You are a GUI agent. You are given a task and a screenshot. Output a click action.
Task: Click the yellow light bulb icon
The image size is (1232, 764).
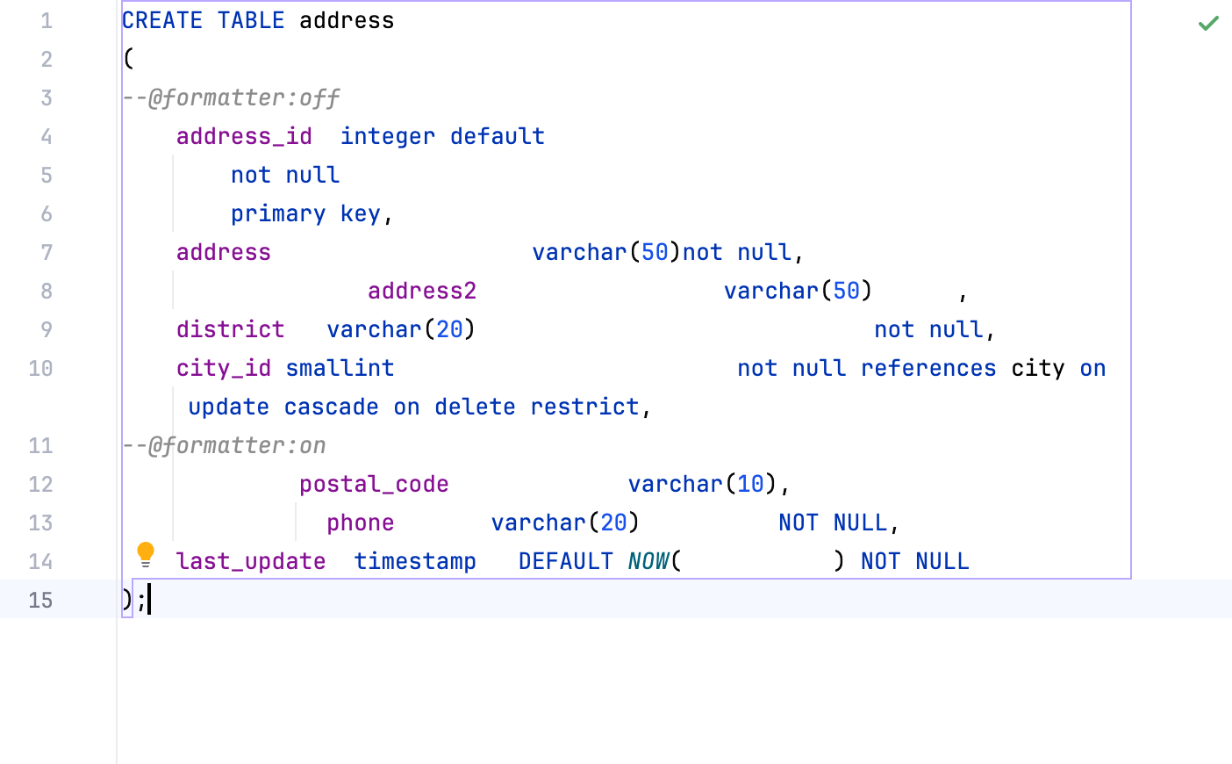[146, 554]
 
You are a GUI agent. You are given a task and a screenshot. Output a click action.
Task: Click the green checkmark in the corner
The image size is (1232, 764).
[1208, 23]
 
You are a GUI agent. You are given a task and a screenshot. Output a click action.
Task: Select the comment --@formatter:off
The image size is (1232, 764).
[231, 97]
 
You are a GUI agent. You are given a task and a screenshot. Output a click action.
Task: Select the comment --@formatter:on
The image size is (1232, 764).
[224, 445]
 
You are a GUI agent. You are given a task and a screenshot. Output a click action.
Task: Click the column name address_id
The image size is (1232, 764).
[244, 136]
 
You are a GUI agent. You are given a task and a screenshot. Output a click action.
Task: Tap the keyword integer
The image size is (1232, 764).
[387, 136]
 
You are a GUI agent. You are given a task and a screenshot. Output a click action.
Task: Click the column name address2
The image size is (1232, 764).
[421, 291]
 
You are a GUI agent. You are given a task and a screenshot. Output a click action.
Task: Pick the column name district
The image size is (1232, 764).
[230, 329]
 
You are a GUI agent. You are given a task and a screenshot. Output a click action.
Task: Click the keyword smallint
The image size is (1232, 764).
[340, 368]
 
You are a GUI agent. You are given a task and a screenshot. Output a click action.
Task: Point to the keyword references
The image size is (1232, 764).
[928, 368]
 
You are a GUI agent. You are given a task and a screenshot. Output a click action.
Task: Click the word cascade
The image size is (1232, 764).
[331, 407]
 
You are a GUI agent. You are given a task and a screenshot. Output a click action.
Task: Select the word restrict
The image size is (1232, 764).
[584, 407]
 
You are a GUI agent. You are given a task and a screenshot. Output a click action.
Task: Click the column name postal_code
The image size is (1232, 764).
[374, 484]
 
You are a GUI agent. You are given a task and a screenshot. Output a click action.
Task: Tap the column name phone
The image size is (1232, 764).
[360, 523]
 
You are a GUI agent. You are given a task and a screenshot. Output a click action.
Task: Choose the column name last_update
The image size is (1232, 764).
[250, 561]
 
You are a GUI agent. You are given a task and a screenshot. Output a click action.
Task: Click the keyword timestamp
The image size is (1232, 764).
[414, 561]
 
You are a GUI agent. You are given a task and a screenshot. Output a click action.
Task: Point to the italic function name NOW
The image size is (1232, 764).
[648, 561]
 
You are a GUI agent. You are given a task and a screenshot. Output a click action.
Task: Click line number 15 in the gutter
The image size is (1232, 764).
[40, 600]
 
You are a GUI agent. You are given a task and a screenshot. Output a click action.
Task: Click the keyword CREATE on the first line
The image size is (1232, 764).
[162, 20]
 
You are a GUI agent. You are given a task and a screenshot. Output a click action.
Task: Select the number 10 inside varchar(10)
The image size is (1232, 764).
[750, 484]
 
